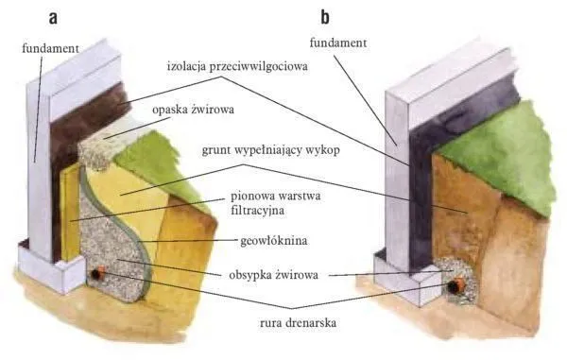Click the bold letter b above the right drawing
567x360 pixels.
pyautogui.click(x=326, y=17)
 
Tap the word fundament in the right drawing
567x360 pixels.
pyautogui.click(x=338, y=43)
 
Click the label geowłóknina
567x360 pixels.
pyautogui.click(x=262, y=240)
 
